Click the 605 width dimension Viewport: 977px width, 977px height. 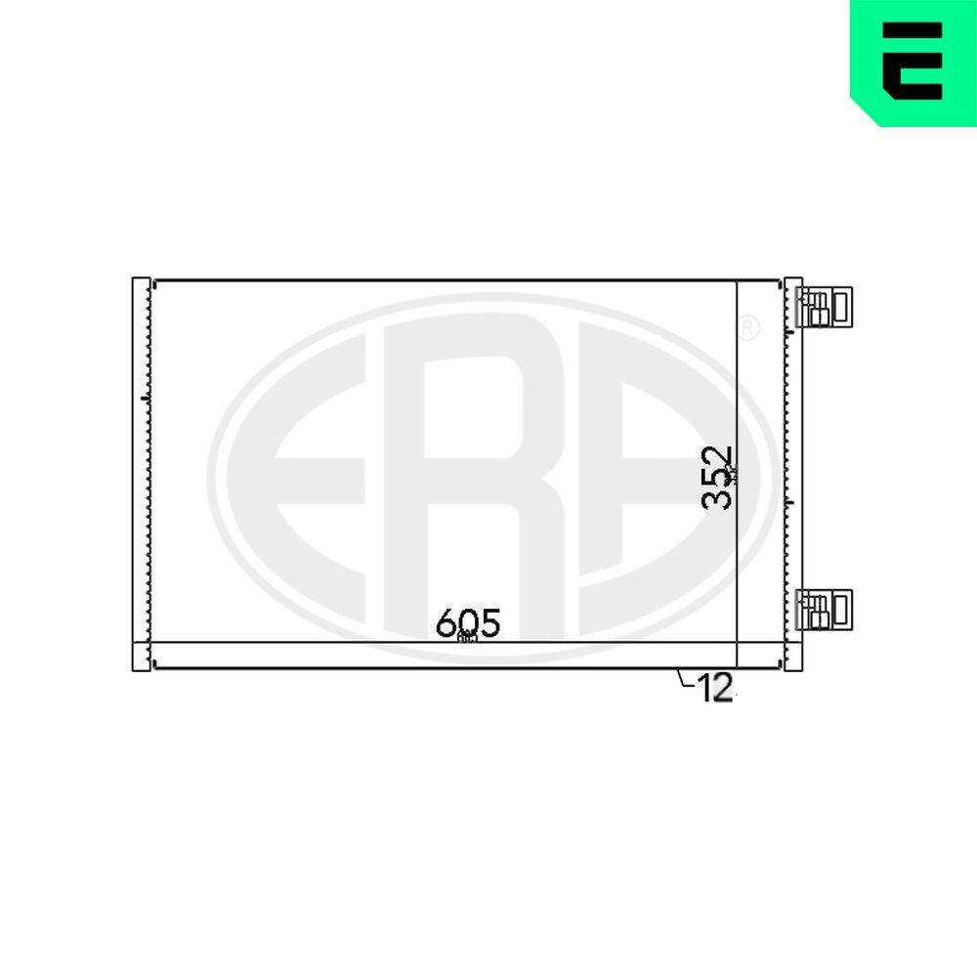(468, 622)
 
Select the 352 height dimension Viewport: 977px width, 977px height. (719, 478)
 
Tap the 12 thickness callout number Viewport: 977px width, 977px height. (715, 689)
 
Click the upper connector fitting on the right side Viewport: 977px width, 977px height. (825, 306)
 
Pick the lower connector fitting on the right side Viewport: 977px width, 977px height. (825, 610)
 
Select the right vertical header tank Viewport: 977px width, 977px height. (793, 474)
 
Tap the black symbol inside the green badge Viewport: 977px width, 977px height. (913, 61)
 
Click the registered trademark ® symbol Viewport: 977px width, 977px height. (746, 328)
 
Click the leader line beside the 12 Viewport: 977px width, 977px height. (684, 680)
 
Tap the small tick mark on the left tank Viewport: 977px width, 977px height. (146, 398)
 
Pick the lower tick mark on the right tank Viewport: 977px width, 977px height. (787, 503)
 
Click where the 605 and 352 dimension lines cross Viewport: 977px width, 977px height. (736, 643)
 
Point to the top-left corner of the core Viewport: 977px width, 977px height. (154, 281)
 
